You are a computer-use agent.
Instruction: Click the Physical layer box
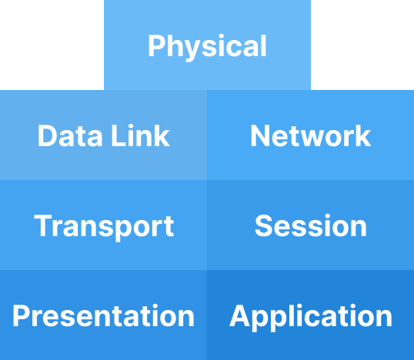[x=207, y=45]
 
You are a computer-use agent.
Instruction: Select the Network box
[x=311, y=135]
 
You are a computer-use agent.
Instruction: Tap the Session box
[x=311, y=225]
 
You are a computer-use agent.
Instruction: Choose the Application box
[x=311, y=315]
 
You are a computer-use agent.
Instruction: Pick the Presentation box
[x=103, y=315]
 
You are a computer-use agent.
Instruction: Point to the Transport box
[x=103, y=225]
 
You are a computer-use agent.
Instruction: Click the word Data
[x=70, y=135]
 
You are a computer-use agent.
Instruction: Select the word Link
[x=140, y=135]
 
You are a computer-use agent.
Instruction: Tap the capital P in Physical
[x=155, y=46]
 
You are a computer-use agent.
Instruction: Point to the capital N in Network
[x=260, y=135]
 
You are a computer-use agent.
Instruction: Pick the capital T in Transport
[x=44, y=225]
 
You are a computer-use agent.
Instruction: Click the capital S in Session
[x=263, y=225]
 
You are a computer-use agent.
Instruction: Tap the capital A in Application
[x=240, y=315]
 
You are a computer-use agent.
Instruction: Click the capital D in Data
[x=48, y=135]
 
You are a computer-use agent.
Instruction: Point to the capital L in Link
[x=119, y=135]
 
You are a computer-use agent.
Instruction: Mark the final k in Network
[x=363, y=135]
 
